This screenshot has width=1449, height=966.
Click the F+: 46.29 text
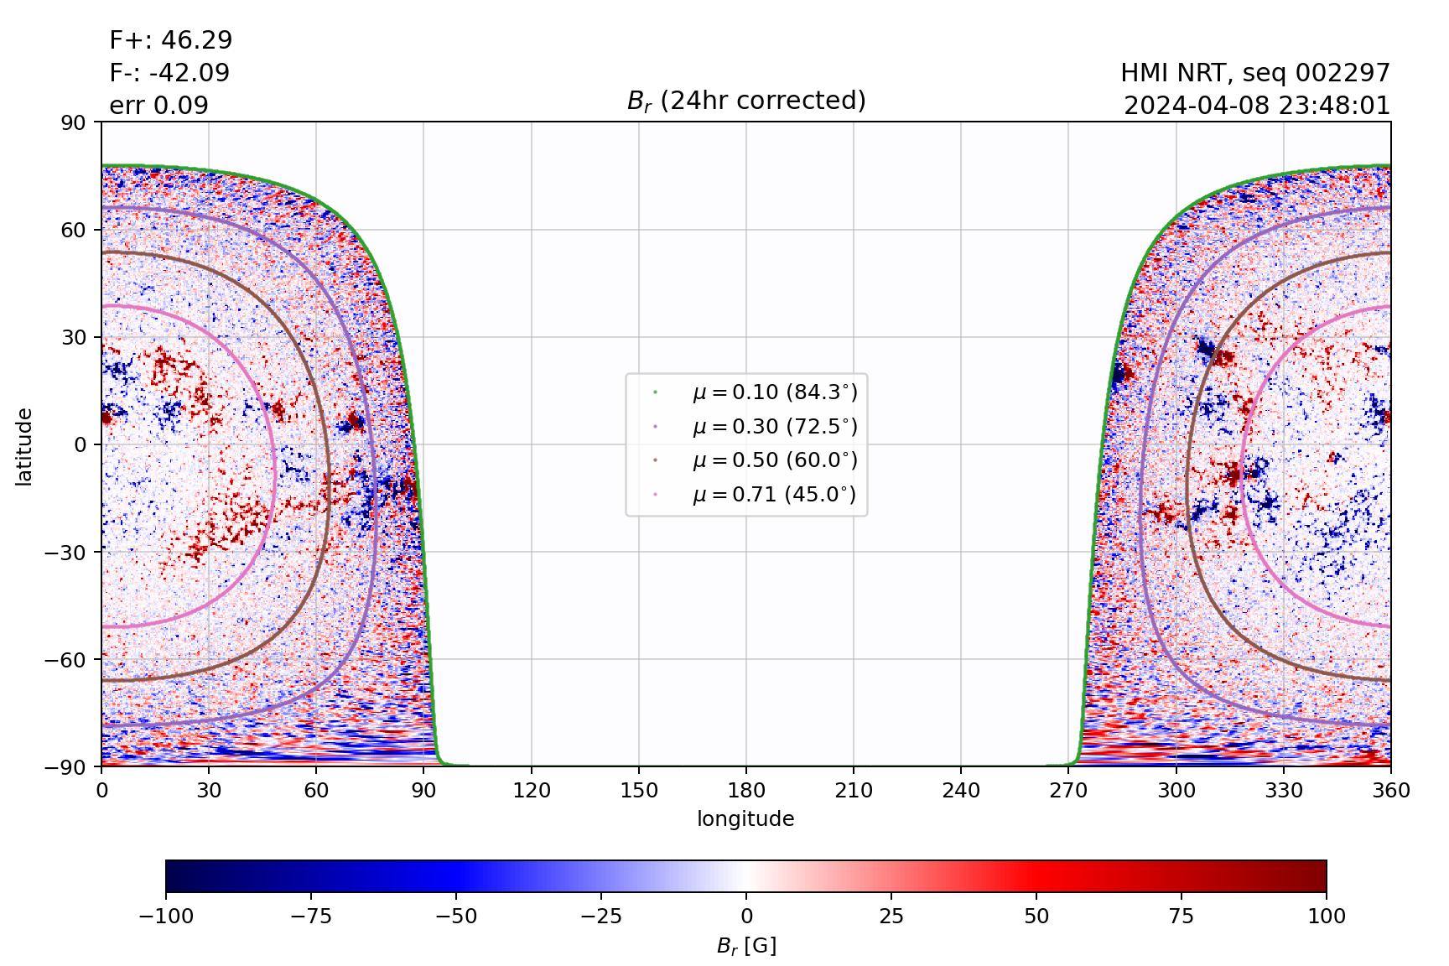171,40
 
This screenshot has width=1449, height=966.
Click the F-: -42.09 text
169,73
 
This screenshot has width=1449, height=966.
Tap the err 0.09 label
158,106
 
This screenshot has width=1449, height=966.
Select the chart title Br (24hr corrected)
746,101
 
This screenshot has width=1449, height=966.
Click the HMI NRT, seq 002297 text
1255,74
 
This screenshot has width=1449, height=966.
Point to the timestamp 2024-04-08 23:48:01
1257,106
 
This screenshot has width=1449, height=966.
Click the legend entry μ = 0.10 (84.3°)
774,392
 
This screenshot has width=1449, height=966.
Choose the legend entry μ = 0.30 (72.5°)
774,427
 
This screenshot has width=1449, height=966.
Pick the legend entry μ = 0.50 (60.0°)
774,460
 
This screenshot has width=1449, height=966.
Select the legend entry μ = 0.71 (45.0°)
774,495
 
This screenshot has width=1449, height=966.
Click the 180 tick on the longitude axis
746,790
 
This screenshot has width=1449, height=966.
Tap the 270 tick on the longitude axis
1068,790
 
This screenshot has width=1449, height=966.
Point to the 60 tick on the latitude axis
78,230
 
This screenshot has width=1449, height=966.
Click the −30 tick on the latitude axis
70,552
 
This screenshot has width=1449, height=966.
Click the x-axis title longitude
745,819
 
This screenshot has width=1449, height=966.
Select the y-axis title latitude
24,445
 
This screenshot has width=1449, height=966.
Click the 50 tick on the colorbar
1036,916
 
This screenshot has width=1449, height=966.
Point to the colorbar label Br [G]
746,946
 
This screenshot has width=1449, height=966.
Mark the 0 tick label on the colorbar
746,916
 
